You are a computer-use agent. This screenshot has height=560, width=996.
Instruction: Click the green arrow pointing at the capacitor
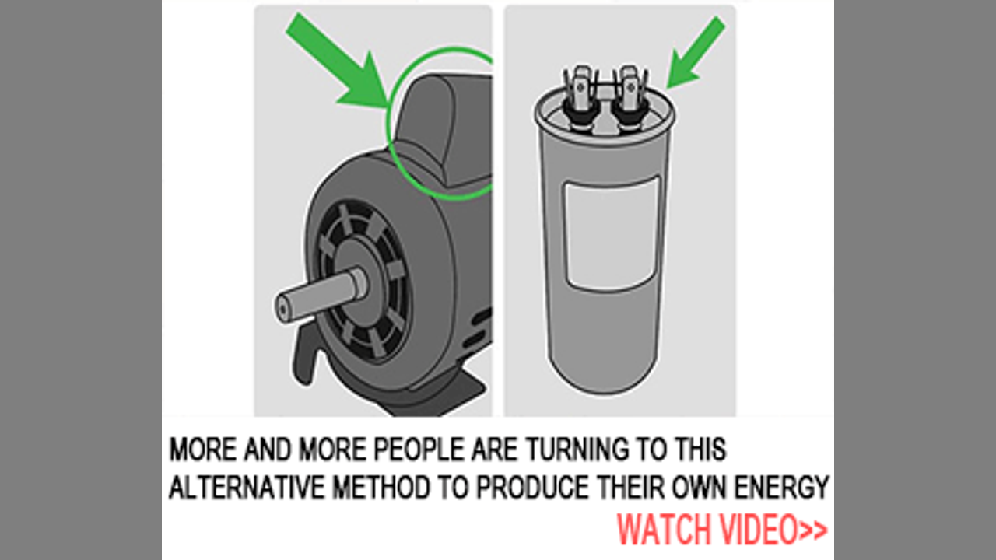[696, 52]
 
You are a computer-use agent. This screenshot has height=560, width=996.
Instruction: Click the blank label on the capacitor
[612, 233]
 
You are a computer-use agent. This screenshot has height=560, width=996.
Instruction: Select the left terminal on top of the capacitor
[580, 96]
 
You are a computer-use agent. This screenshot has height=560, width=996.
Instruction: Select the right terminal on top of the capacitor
[630, 96]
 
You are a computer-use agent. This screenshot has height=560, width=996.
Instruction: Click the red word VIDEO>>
[773, 529]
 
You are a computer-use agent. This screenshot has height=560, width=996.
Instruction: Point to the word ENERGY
[781, 487]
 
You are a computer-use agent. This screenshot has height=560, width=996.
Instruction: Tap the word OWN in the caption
[700, 487]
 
